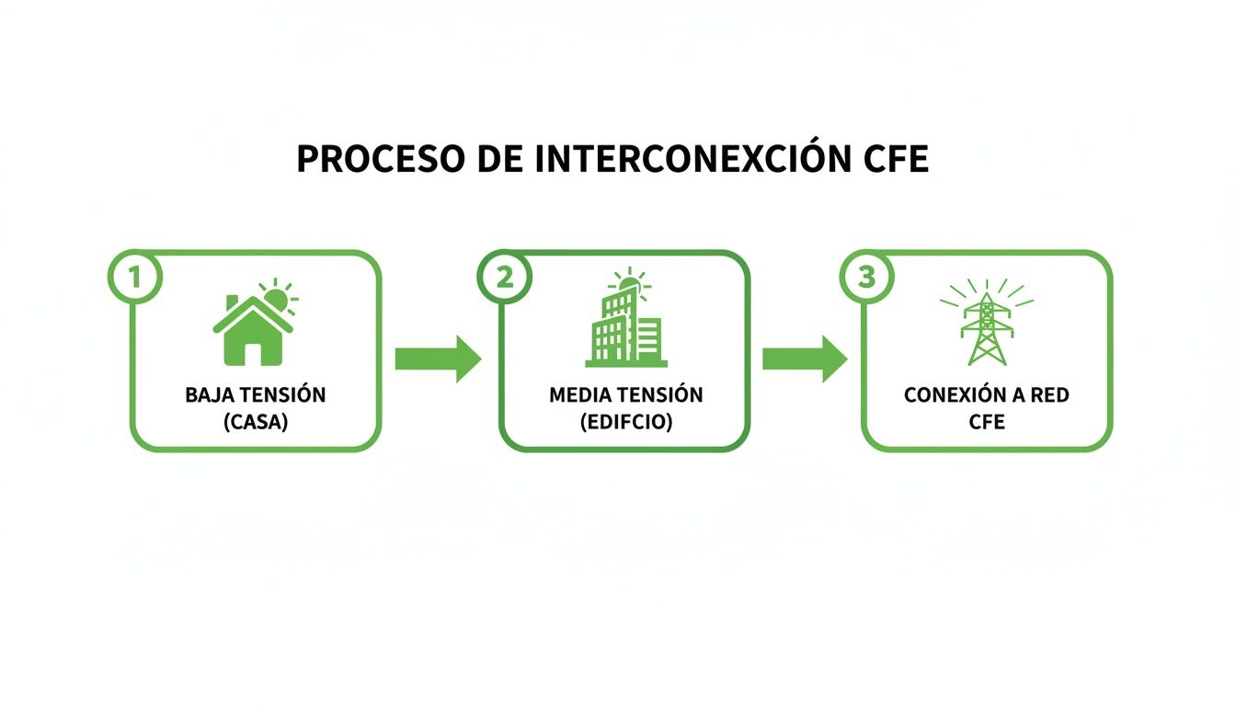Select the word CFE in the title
click(896, 159)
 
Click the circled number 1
click(135, 277)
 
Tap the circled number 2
click(504, 277)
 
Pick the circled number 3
click(866, 277)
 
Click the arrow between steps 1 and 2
click(438, 359)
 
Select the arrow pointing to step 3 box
click(805, 359)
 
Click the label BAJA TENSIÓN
click(255, 395)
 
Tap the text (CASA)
click(255, 423)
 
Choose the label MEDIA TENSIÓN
click(625, 395)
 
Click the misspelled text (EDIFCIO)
click(625, 423)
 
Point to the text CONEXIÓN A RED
click(986, 395)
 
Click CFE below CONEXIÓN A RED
click(986, 423)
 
